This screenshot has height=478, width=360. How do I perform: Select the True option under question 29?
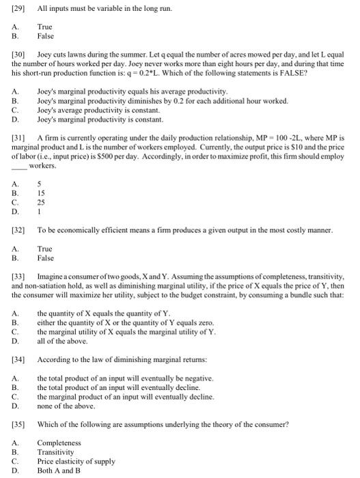(45, 26)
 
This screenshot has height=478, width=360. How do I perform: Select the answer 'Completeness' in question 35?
(59, 442)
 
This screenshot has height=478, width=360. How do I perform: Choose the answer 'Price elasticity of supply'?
(76, 461)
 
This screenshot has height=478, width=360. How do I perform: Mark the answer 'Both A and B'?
(59, 470)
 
